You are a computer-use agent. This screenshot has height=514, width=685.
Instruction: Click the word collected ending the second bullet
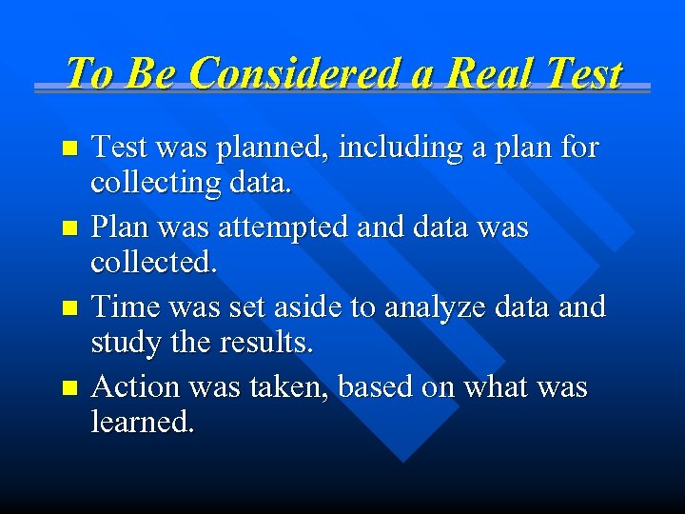tap(154, 262)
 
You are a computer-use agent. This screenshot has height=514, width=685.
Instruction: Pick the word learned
tap(143, 422)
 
